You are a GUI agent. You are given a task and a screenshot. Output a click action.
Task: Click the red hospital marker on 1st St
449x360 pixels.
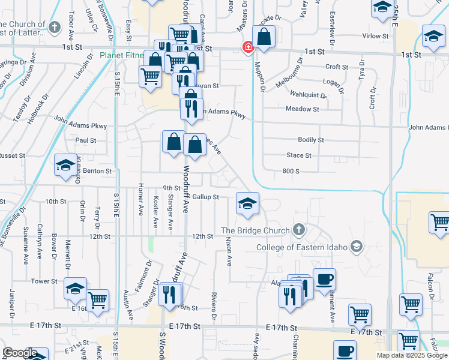(x=247, y=47)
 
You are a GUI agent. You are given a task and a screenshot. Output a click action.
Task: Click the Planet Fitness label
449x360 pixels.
(x=122, y=55)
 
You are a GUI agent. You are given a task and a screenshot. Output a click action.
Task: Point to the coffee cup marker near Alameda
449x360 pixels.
(x=324, y=280)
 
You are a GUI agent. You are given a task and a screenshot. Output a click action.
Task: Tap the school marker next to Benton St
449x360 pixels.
(x=65, y=167)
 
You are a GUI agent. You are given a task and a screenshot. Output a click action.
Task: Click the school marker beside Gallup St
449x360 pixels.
(x=247, y=204)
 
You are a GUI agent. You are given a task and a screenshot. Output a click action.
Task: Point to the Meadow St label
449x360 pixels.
(x=303, y=109)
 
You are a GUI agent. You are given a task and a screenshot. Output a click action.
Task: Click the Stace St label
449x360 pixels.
(x=299, y=155)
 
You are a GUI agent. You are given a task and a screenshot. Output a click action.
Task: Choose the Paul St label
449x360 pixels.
(x=86, y=140)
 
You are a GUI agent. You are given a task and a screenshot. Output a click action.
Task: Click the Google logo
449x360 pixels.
(x=20, y=353)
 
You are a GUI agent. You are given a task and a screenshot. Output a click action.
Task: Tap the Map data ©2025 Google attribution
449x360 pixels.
(x=411, y=355)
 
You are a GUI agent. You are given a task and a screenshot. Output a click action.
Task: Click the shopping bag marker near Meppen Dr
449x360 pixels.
(x=264, y=38)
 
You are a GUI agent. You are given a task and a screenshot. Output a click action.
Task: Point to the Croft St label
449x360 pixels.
(x=337, y=67)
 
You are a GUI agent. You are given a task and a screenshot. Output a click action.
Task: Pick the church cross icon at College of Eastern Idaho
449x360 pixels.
(x=357, y=246)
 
